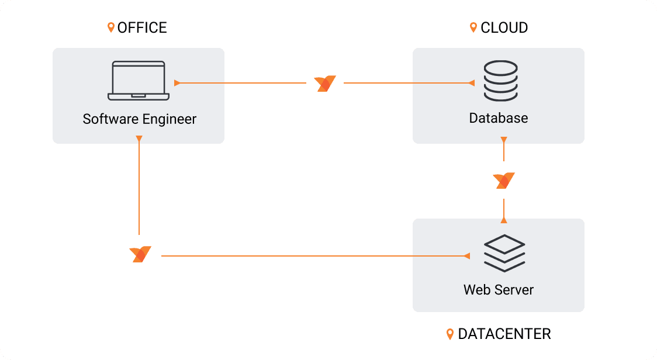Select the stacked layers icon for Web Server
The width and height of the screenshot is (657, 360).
click(504, 252)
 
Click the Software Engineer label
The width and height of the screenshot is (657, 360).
click(140, 119)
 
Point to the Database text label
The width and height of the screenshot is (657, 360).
click(499, 118)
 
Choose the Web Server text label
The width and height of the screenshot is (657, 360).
click(499, 289)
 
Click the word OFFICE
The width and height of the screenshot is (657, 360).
click(142, 27)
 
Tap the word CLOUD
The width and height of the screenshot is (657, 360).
click(504, 27)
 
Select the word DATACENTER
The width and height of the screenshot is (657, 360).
click(504, 334)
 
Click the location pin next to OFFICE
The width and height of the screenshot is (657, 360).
click(111, 27)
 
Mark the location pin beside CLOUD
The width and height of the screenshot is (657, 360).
click(473, 27)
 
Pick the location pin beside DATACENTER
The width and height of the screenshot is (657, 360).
click(450, 334)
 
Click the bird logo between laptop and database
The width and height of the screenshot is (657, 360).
click(325, 84)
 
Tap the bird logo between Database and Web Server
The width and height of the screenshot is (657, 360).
click(504, 181)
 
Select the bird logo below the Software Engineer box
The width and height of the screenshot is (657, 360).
click(140, 254)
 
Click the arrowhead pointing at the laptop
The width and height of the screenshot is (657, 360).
click(177, 83)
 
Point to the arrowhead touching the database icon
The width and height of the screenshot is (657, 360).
click(472, 83)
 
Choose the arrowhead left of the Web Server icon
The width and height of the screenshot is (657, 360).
click(466, 256)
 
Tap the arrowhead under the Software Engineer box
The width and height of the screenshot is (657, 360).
click(139, 139)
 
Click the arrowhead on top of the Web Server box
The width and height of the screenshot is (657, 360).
click(504, 220)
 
